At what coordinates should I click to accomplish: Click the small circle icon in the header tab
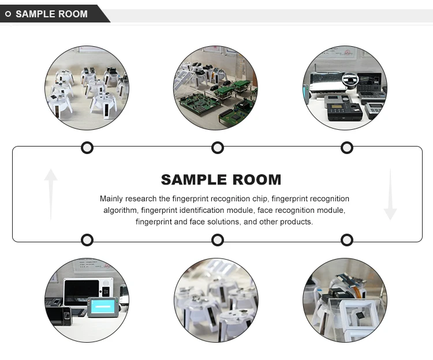click(x=8, y=14)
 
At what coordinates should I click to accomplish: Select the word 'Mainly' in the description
click(x=111, y=199)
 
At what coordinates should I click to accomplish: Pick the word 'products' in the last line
click(x=297, y=222)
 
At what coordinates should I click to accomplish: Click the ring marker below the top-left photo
click(x=87, y=148)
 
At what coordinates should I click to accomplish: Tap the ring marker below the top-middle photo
click(x=218, y=148)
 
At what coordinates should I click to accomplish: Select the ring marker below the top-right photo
click(x=347, y=148)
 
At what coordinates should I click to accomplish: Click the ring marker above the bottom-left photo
click(x=87, y=240)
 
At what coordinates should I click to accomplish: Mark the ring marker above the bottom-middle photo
click(x=218, y=240)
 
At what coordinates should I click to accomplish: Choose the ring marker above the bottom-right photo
click(x=347, y=240)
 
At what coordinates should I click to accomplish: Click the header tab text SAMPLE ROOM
click(x=51, y=14)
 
